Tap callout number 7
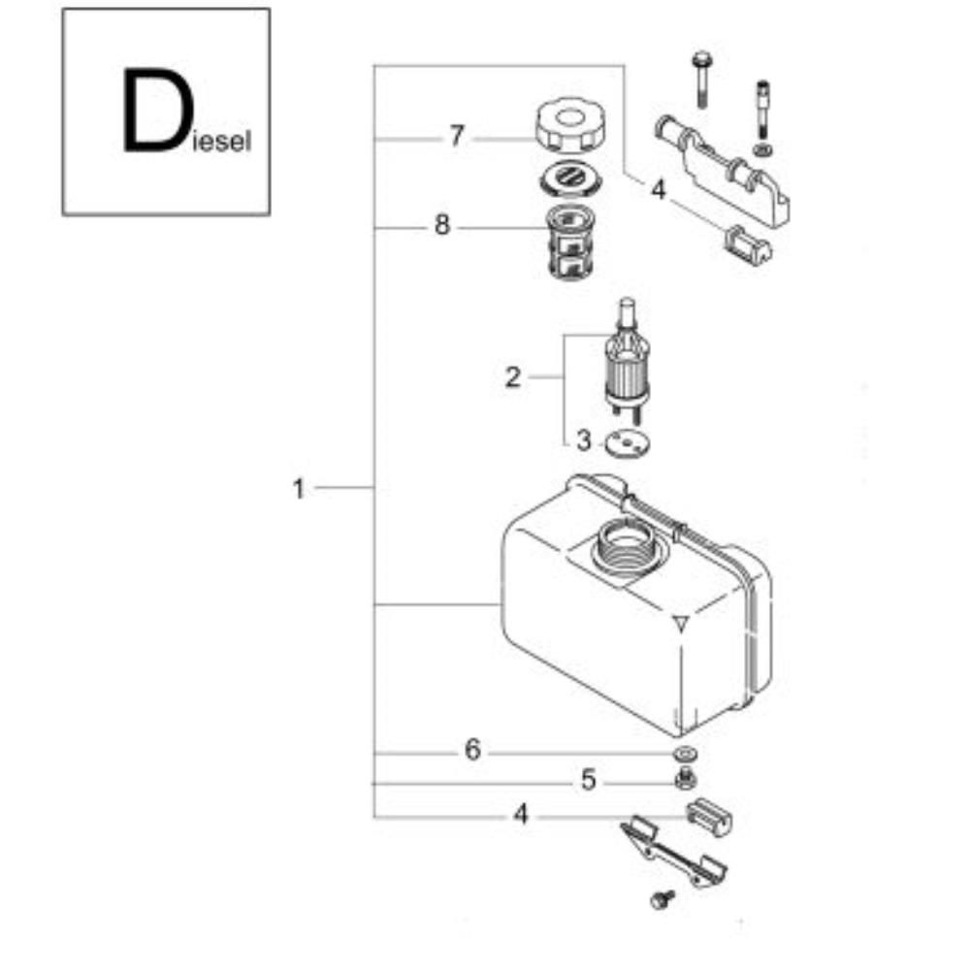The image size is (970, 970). [x=457, y=136]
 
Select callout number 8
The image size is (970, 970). [x=441, y=225]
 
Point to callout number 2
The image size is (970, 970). [x=513, y=376]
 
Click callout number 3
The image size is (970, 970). [x=583, y=441]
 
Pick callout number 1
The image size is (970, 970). [x=299, y=489]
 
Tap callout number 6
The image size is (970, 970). [x=472, y=750]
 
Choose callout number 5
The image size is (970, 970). [x=589, y=780]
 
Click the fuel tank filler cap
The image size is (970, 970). [x=570, y=124]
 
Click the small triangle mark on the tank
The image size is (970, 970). [x=681, y=624]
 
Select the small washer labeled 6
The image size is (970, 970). [x=686, y=754]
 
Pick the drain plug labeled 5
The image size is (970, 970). [x=685, y=778]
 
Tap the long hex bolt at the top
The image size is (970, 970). [x=700, y=81]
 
